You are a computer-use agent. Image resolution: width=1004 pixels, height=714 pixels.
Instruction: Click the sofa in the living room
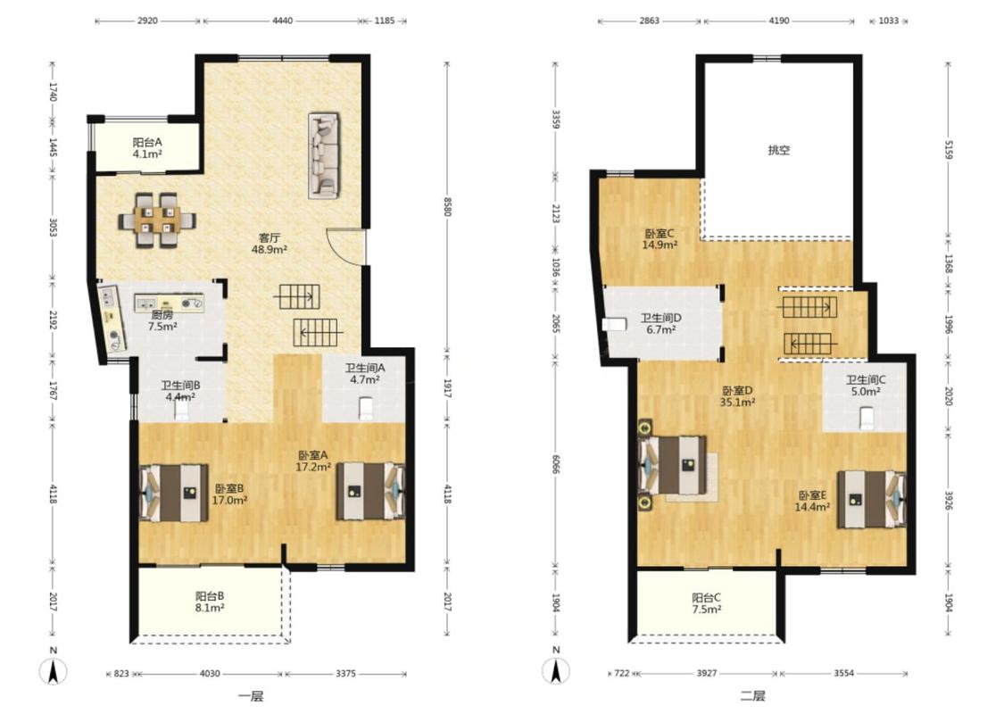tap(323, 155)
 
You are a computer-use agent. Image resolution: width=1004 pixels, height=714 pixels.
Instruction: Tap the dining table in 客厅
tap(157, 220)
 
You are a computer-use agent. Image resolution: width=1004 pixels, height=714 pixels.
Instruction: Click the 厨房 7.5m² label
tap(162, 320)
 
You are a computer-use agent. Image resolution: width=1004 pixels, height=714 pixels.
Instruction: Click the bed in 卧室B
tap(174, 493)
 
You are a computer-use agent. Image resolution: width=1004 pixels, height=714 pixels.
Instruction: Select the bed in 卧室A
tap(370, 492)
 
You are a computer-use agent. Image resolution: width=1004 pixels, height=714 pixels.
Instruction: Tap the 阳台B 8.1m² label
tap(210, 602)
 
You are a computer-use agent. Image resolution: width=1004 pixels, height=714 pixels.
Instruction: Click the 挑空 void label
tap(778, 151)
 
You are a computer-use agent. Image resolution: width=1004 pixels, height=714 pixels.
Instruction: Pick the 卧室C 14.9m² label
tap(660, 239)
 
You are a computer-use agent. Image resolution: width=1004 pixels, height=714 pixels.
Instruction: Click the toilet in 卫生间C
tap(867, 419)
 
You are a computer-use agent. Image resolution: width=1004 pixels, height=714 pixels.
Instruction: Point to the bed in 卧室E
tap(871, 500)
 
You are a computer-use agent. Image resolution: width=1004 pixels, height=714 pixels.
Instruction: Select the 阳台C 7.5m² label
tap(706, 603)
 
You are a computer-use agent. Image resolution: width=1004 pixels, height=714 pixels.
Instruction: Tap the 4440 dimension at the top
tap(282, 21)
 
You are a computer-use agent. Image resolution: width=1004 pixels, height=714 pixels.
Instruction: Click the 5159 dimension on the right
tap(949, 150)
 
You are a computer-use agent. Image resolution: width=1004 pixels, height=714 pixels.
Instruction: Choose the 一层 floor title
tap(251, 696)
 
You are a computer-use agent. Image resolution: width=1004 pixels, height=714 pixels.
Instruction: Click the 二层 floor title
tap(752, 696)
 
